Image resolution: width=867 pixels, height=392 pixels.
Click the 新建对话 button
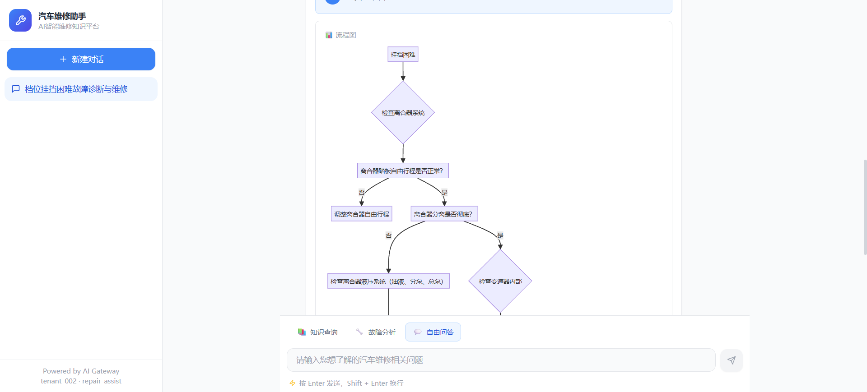pyautogui.click(x=81, y=59)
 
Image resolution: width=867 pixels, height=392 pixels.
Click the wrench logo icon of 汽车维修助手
pyautogui.click(x=20, y=20)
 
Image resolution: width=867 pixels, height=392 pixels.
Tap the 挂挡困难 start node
pyautogui.click(x=403, y=55)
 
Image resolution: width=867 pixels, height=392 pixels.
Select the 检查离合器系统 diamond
pyautogui.click(x=403, y=112)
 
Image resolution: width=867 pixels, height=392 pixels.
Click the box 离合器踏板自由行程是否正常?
pyautogui.click(x=403, y=171)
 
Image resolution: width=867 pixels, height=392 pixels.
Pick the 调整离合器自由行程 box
pyautogui.click(x=361, y=214)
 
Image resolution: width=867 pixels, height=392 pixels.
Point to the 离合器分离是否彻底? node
pyautogui.click(x=444, y=214)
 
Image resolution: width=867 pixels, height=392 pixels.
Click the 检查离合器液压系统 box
pyautogui.click(x=388, y=281)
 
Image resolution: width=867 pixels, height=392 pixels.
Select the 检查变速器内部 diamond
pyautogui.click(x=500, y=281)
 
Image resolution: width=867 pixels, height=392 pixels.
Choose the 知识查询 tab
pyautogui.click(x=318, y=332)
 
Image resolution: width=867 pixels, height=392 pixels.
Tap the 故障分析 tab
pyautogui.click(x=376, y=332)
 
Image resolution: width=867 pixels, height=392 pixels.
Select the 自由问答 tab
pyautogui.click(x=433, y=332)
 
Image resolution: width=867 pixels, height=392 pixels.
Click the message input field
pyautogui.click(x=501, y=360)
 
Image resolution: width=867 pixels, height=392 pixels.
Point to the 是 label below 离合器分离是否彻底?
pyautogui.click(x=500, y=235)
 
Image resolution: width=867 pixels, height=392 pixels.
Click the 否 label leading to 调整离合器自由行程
pyautogui.click(x=361, y=192)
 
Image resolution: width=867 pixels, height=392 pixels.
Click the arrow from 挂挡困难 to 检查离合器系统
pyautogui.click(x=403, y=71)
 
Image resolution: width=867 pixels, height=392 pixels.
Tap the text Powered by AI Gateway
pyautogui.click(x=81, y=371)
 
